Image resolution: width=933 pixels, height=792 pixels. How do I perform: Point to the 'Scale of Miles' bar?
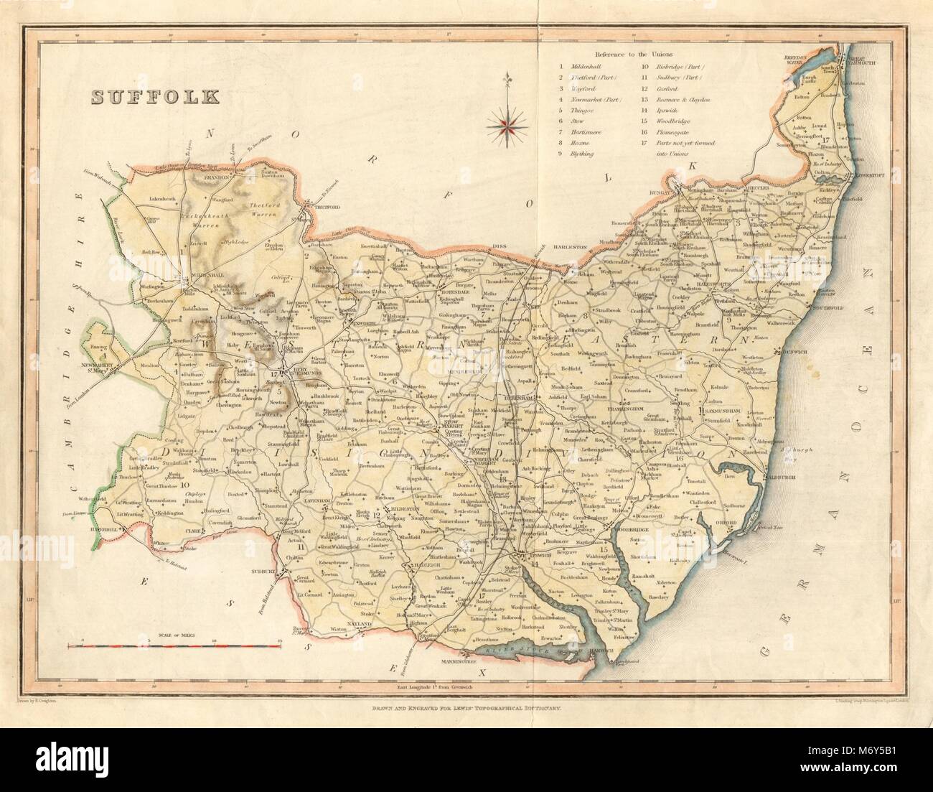coord(169,647)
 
